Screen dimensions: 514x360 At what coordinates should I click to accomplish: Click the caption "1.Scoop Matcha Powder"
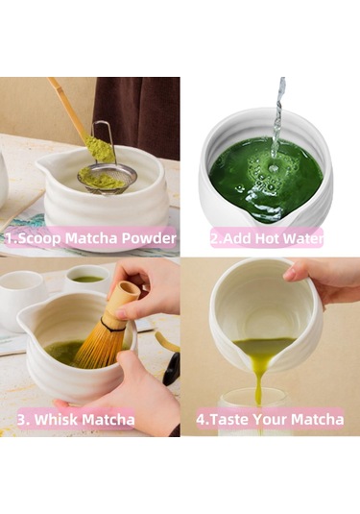(91, 238)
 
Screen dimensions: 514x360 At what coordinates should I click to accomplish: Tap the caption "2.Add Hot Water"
(266, 238)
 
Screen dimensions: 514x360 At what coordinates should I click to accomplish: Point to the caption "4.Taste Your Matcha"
(270, 420)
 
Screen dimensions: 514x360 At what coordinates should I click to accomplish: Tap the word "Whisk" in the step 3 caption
(70, 420)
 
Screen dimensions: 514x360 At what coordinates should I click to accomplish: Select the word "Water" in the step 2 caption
(301, 238)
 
